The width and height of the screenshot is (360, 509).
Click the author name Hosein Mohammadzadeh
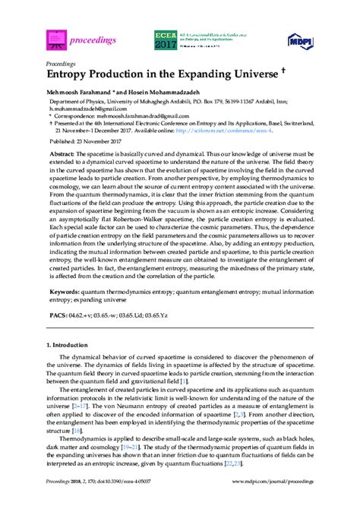pyautogui.click(x=150, y=90)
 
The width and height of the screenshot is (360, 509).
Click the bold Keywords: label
pyautogui.click(x=64, y=312)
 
